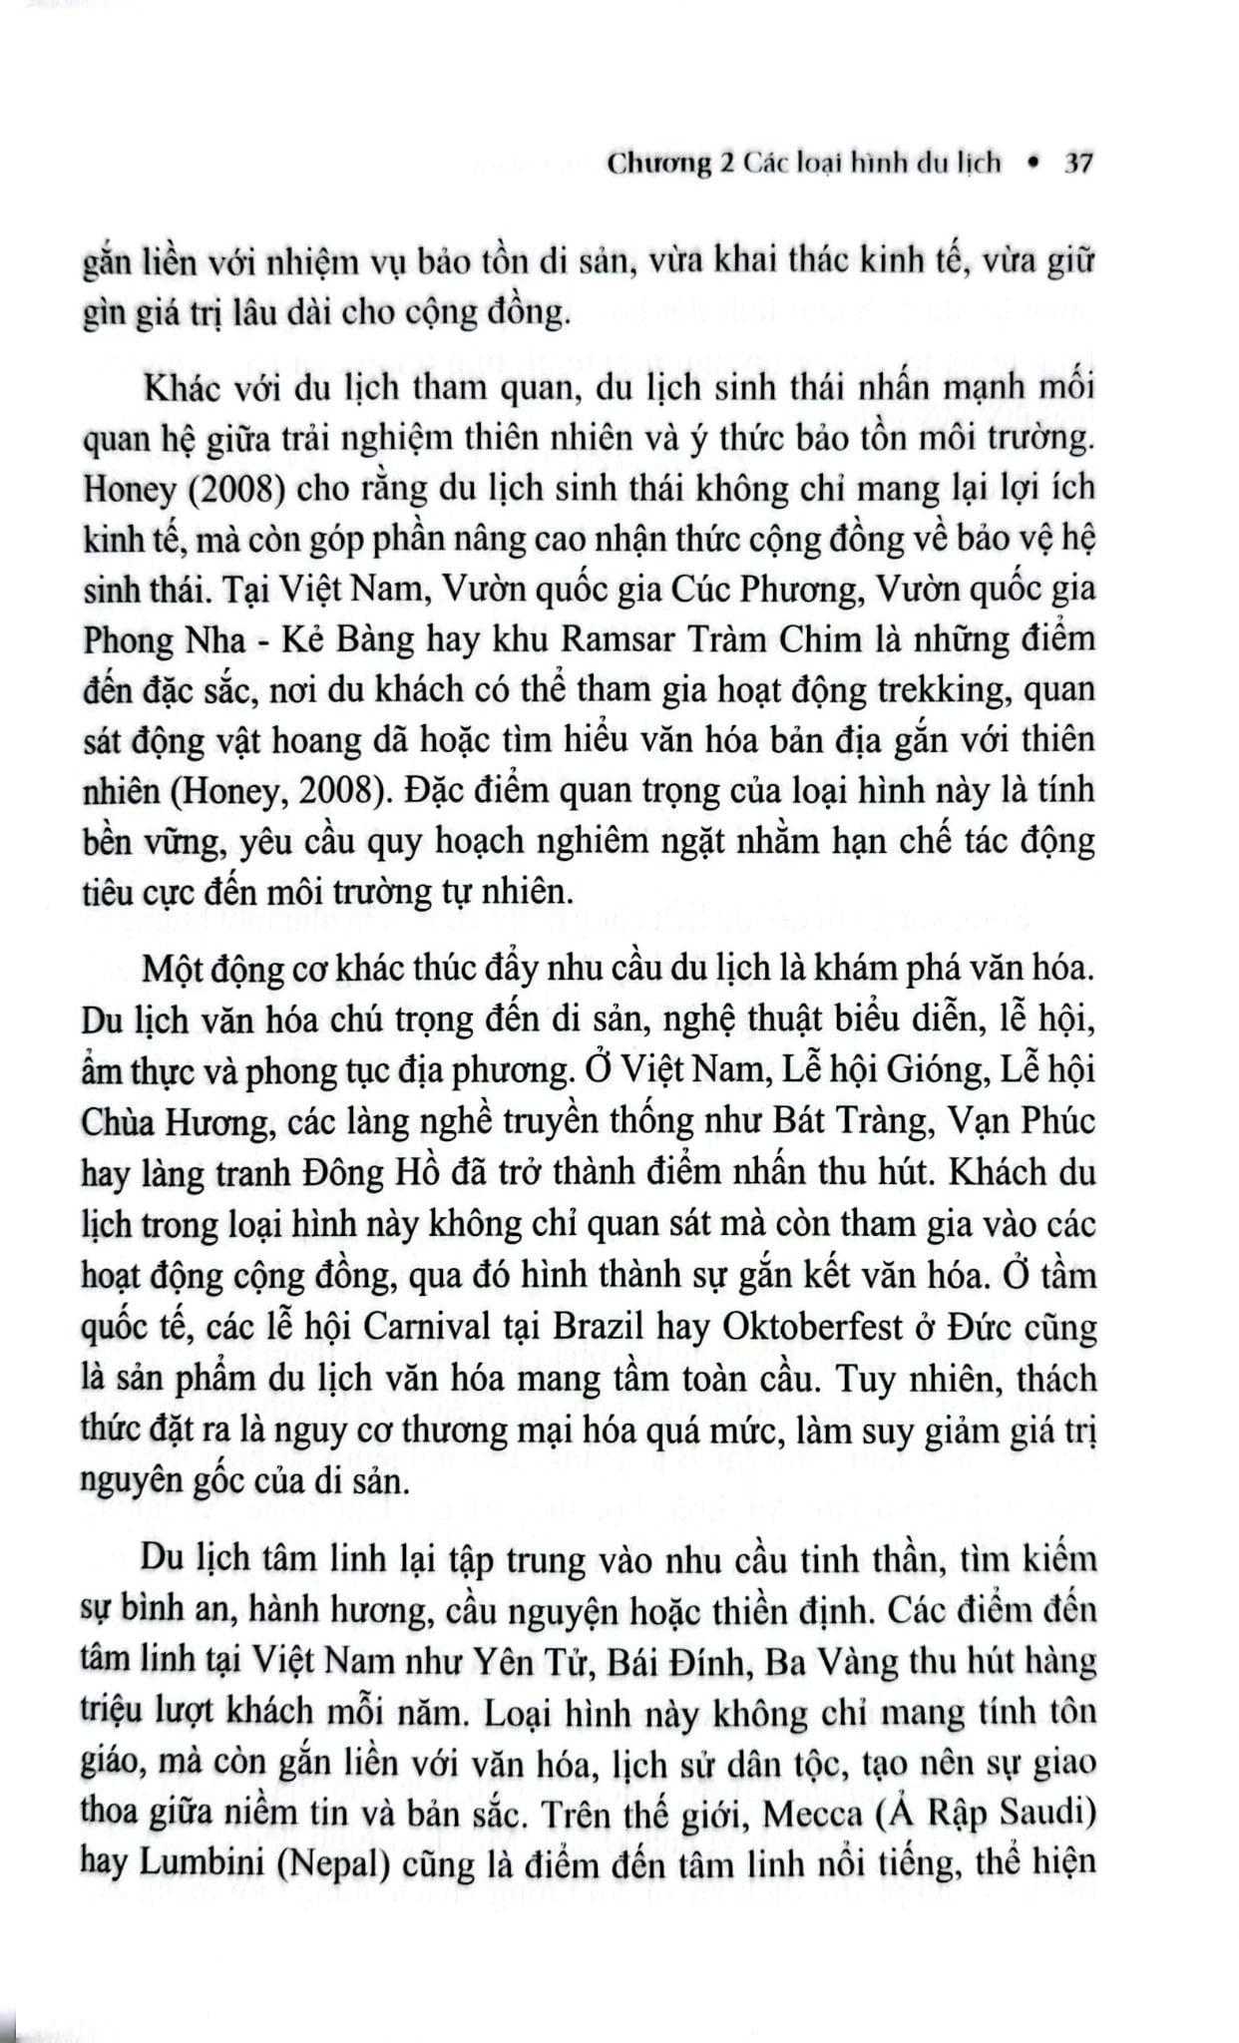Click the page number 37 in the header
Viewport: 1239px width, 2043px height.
(x=1078, y=163)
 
